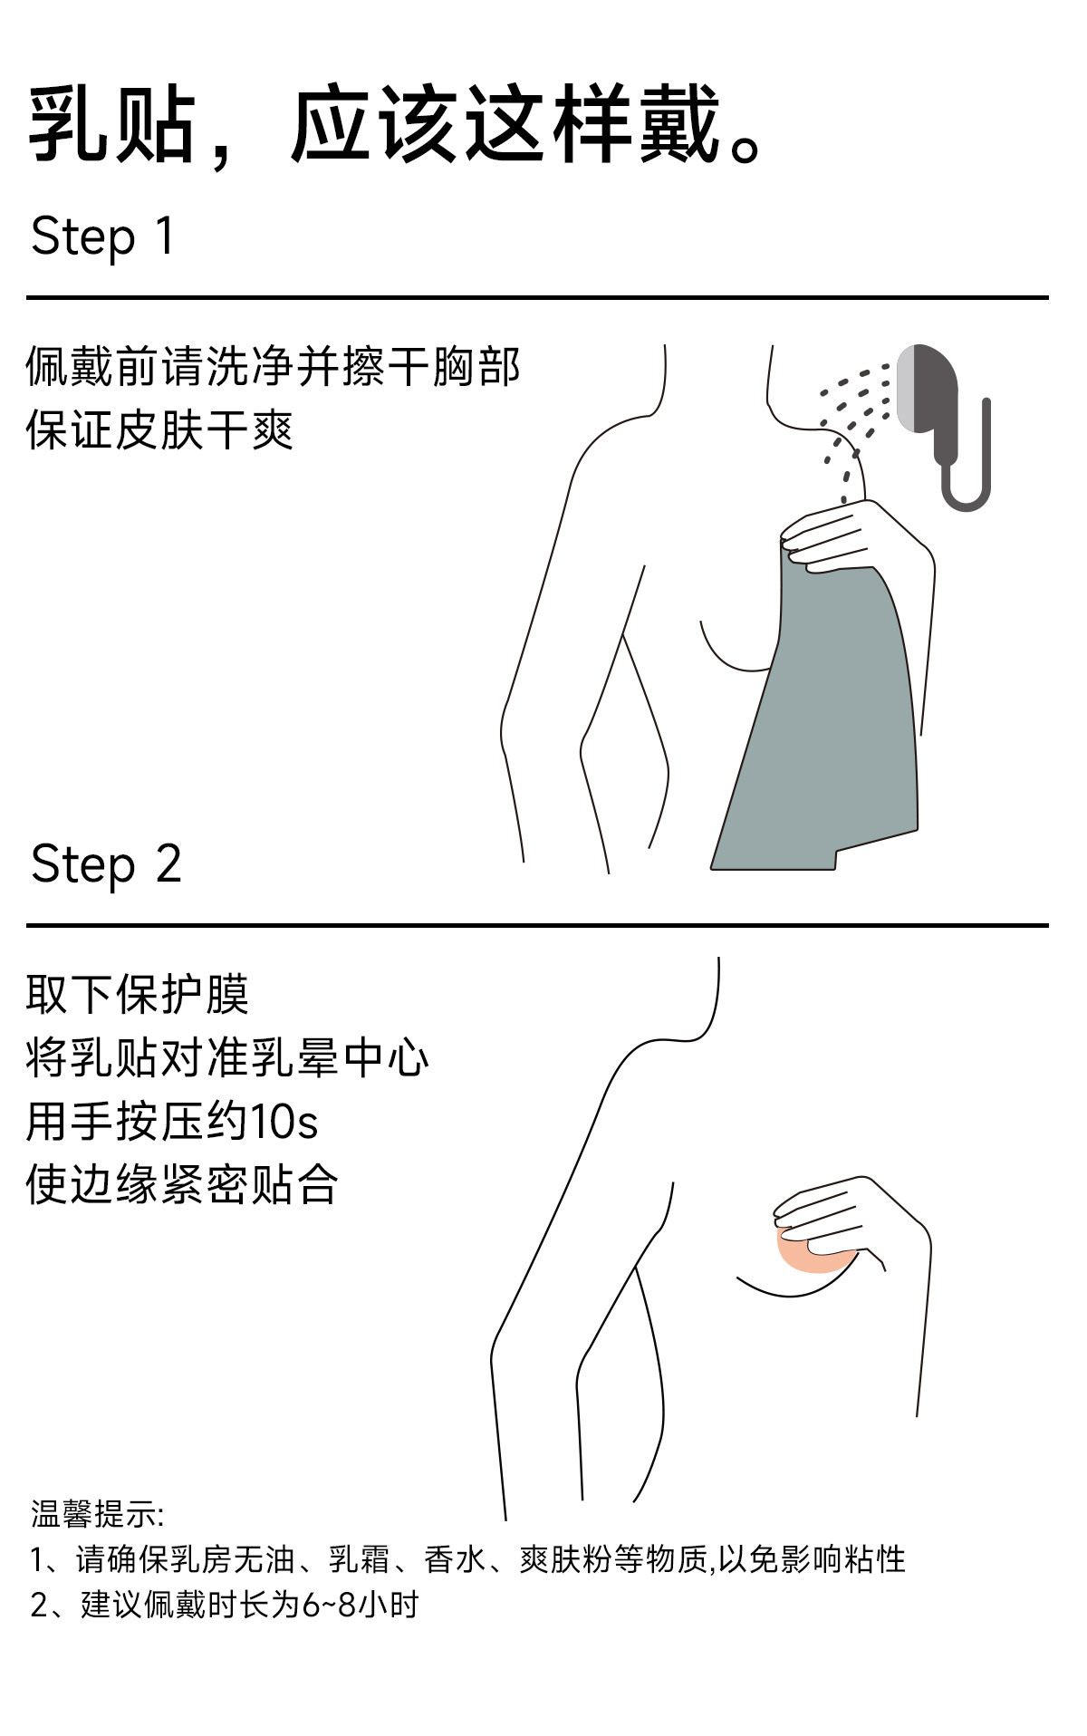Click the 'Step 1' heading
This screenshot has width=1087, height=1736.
(102, 236)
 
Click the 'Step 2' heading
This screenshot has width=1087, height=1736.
(106, 863)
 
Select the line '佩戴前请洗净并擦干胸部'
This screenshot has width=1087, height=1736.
(273, 367)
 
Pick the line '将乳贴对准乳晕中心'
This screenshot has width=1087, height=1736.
(227, 1057)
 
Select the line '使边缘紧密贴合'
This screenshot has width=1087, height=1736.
(182, 1184)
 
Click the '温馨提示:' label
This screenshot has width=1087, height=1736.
(97, 1514)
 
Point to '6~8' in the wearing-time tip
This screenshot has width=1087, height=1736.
(330, 1605)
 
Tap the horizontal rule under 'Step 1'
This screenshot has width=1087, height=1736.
(537, 297)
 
